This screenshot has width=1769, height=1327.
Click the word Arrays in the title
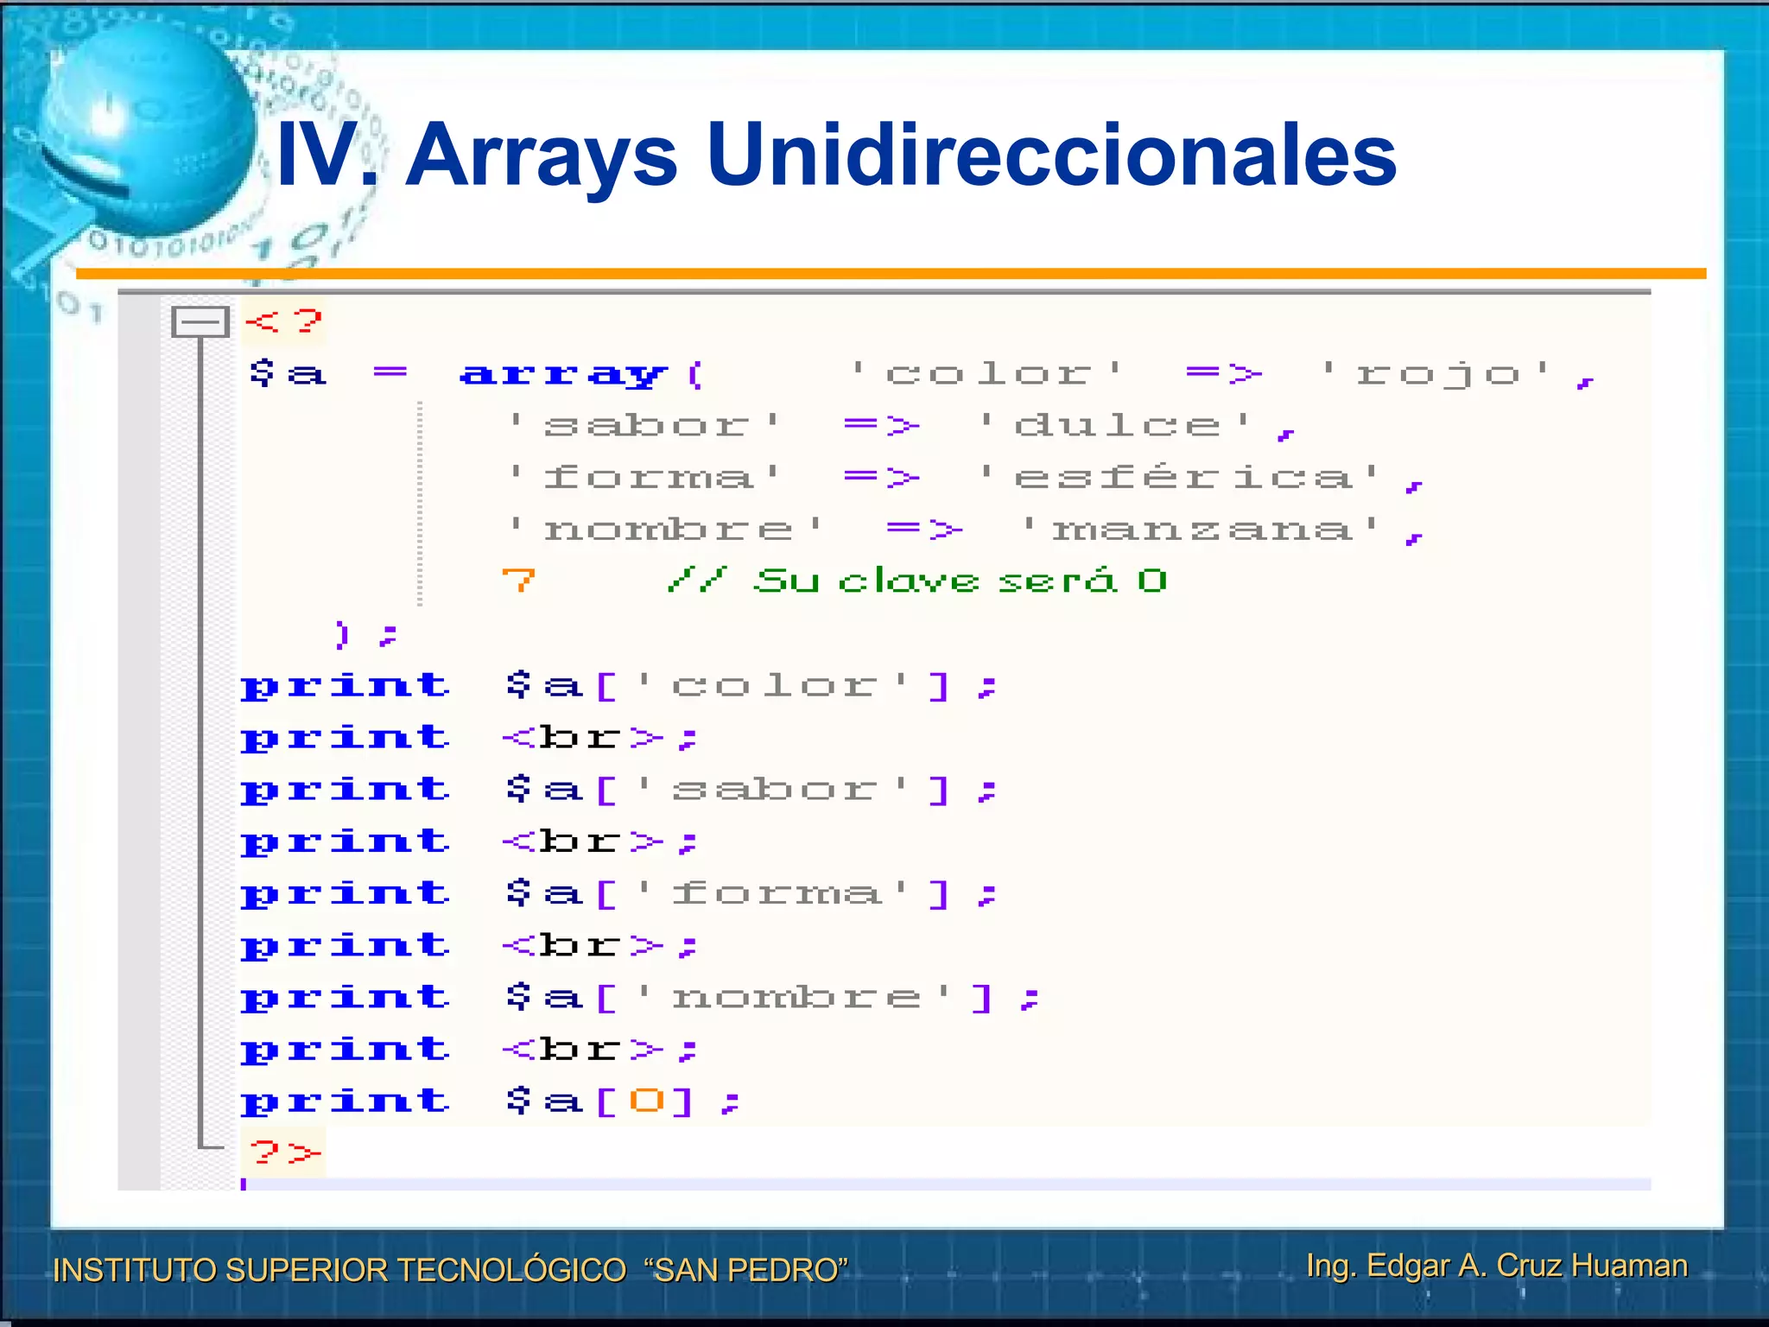click(x=542, y=156)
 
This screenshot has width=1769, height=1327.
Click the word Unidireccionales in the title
click(x=1051, y=156)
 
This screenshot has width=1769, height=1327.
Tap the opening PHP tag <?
click(x=283, y=322)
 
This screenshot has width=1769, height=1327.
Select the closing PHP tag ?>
click(x=284, y=1152)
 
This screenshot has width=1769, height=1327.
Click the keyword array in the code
click(x=563, y=374)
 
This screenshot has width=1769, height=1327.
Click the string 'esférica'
click(x=1180, y=477)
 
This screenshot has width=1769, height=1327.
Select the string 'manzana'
click(x=1201, y=529)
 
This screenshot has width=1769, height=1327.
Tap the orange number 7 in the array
click(x=518, y=581)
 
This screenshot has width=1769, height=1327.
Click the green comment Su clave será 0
click(x=959, y=581)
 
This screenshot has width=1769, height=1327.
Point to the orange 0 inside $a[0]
click(x=646, y=1101)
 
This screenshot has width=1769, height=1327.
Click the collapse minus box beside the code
click(x=200, y=322)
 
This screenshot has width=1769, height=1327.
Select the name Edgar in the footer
click(x=1408, y=1266)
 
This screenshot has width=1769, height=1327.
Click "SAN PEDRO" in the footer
click(x=746, y=1270)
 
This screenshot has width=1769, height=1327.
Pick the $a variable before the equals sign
click(x=288, y=374)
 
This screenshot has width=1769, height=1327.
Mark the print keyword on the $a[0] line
click(x=346, y=1101)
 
